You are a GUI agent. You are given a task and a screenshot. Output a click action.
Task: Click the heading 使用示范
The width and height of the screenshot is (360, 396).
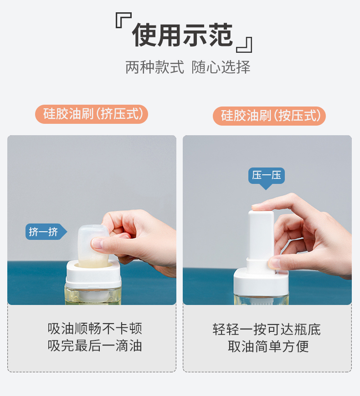(x=182, y=35)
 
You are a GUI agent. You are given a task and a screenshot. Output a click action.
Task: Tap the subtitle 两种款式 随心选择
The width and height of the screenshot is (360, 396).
(x=188, y=67)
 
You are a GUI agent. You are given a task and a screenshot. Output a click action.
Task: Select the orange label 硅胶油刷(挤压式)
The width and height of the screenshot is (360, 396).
(x=92, y=114)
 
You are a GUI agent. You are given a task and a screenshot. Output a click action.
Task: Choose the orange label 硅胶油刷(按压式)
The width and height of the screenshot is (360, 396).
(x=269, y=116)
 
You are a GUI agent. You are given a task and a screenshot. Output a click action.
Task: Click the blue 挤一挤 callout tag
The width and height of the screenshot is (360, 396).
(x=46, y=232)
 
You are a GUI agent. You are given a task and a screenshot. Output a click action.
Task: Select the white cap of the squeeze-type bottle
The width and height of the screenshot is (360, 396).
(x=93, y=275)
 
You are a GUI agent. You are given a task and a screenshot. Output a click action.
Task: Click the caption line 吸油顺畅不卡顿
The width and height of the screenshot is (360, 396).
(x=95, y=328)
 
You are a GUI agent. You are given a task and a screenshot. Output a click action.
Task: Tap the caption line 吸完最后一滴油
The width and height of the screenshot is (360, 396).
(x=95, y=345)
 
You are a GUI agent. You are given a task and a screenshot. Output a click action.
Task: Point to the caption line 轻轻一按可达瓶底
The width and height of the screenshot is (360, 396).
(x=267, y=330)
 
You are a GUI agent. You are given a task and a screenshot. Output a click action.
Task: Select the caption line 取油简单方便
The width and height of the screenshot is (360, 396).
(x=268, y=346)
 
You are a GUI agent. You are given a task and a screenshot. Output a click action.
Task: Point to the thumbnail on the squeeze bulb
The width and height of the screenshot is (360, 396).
(x=96, y=243)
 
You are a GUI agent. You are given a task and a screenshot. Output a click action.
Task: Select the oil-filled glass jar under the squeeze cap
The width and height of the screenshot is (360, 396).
(x=93, y=295)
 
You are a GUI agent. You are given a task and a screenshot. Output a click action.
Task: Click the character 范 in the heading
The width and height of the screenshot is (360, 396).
(x=220, y=35)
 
